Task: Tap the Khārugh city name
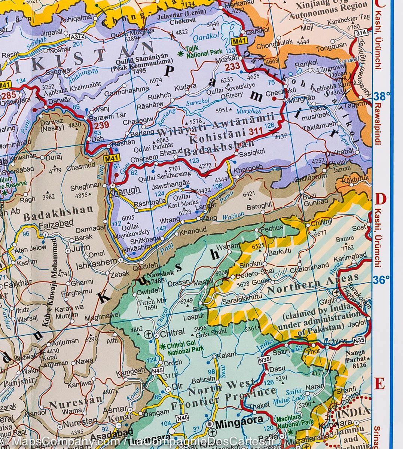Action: tap(124, 190)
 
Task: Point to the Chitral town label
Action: tap(173, 332)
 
